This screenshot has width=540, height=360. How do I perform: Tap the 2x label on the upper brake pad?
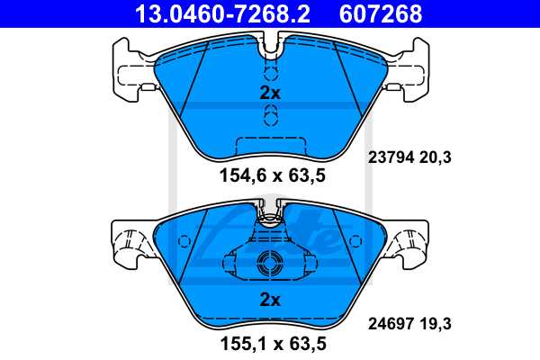[x=269, y=93]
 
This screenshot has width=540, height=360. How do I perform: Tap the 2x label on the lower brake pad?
[x=269, y=300]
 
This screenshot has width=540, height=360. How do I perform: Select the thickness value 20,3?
[x=434, y=157]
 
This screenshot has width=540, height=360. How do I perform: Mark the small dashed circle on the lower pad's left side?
[x=185, y=241]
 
